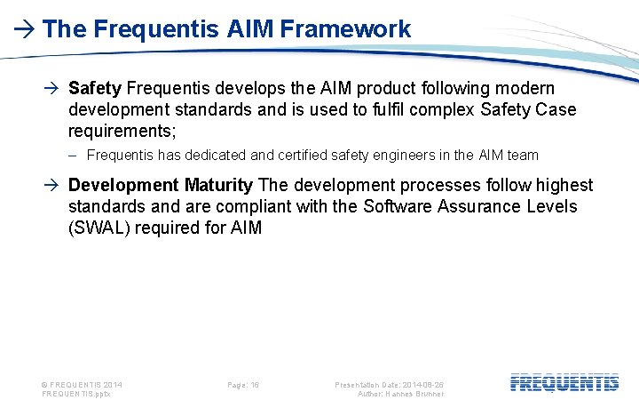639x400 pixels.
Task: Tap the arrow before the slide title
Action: (x=25, y=29)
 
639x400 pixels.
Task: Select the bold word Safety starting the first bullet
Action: (x=95, y=89)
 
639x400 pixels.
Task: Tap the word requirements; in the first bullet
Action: (x=122, y=132)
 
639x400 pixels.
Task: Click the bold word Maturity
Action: (x=219, y=185)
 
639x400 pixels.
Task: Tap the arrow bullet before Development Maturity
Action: (x=54, y=186)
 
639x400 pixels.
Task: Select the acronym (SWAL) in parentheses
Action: (x=104, y=228)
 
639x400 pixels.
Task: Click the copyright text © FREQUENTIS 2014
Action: (x=83, y=385)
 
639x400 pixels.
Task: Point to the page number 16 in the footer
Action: (x=254, y=385)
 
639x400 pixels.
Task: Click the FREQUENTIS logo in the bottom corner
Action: (x=564, y=383)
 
